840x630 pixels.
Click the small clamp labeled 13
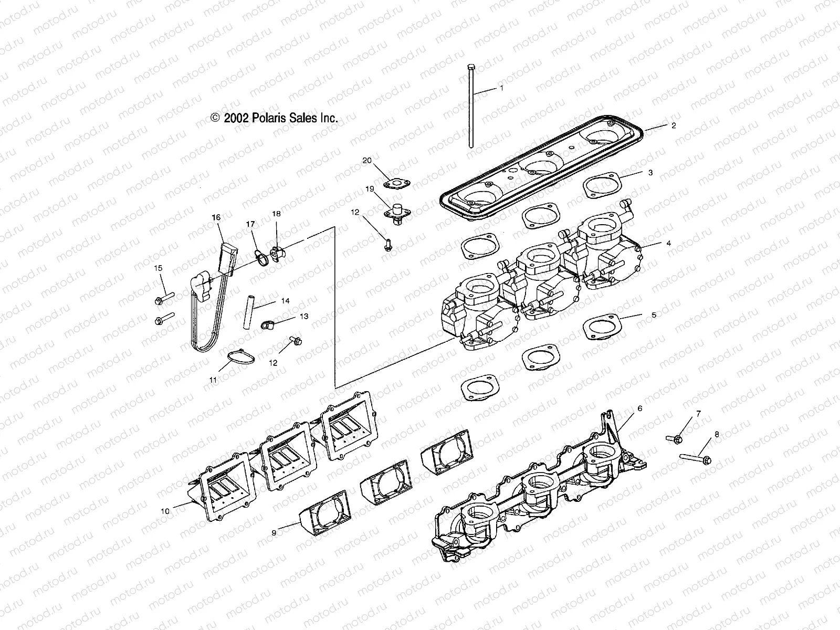267,325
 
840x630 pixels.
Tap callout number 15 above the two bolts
158,268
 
